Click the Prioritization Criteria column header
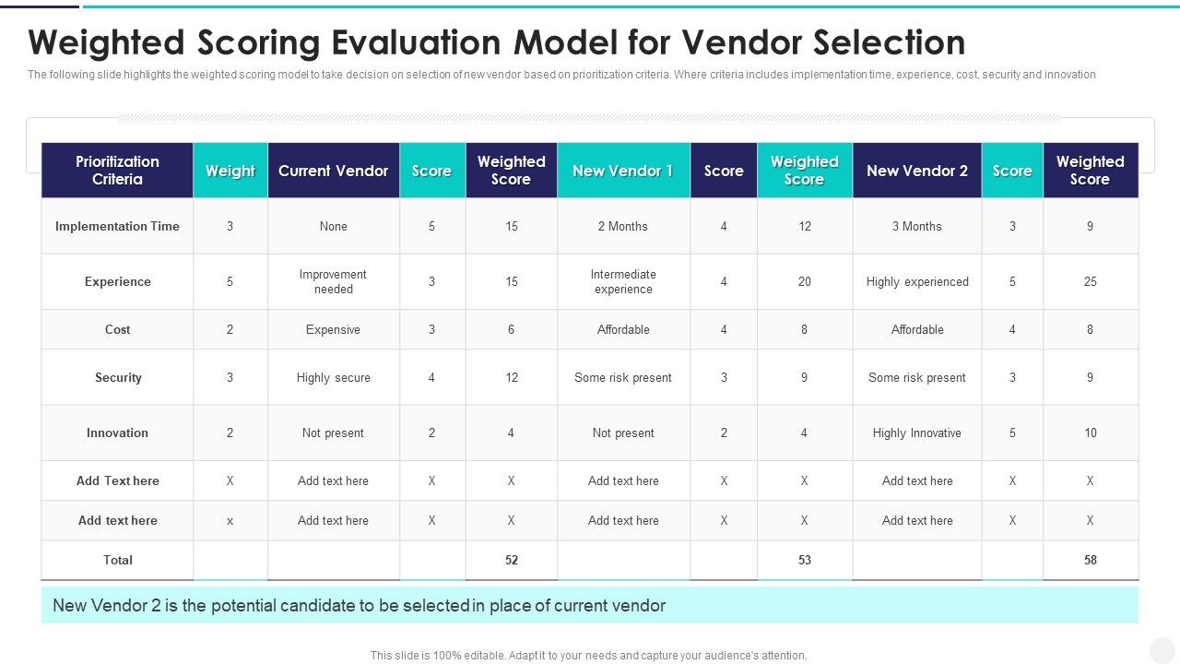click(117, 171)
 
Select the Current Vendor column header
click(333, 171)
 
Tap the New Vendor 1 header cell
click(623, 171)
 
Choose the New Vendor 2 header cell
click(917, 171)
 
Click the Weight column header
click(230, 171)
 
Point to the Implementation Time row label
click(117, 226)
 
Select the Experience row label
click(117, 281)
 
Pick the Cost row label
click(117, 329)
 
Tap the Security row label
click(118, 377)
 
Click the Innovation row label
click(117, 433)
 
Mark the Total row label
click(118, 560)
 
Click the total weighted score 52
click(512, 560)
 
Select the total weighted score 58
click(1091, 560)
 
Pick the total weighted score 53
click(805, 560)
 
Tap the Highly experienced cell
click(917, 281)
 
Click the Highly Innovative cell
click(917, 433)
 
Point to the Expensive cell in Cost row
click(333, 329)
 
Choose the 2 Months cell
click(623, 226)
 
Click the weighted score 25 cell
click(1091, 281)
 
